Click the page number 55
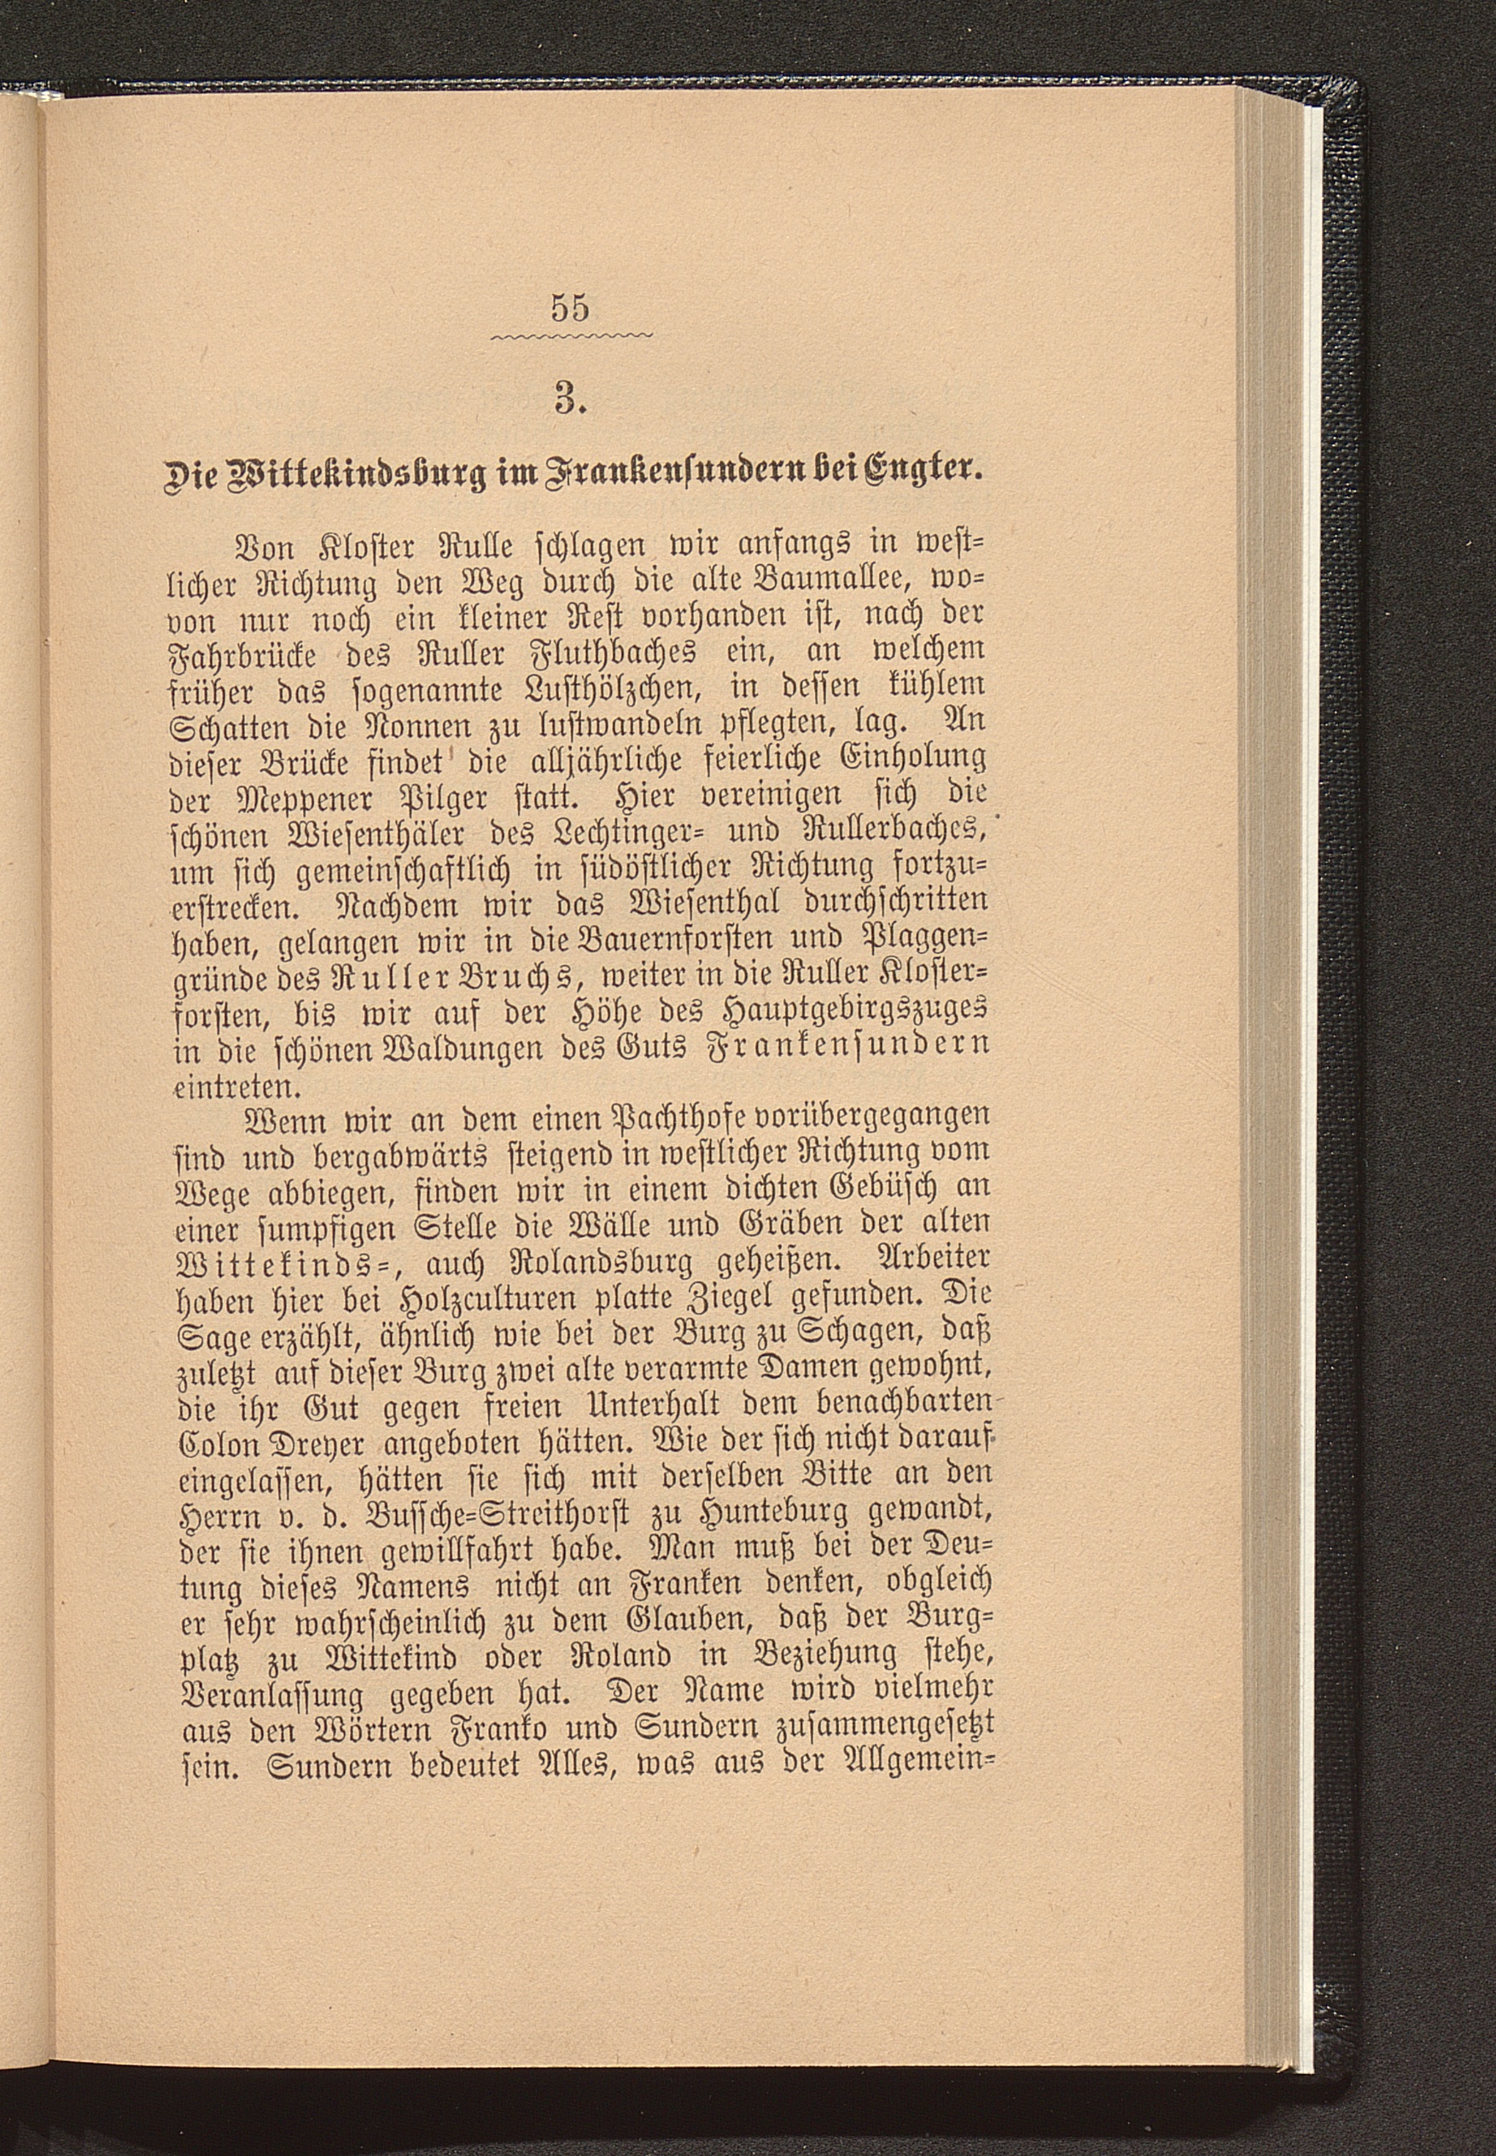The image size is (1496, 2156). tap(571, 307)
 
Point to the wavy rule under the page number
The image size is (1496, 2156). tap(572, 335)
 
